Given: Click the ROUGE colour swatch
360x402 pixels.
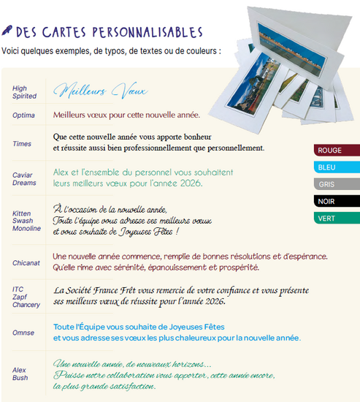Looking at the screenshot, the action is coord(336,151).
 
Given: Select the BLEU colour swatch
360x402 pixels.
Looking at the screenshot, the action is coord(336,167).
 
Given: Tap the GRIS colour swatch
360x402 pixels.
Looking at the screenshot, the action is coord(336,184).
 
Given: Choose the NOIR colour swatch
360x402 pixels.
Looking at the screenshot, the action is coord(336,201).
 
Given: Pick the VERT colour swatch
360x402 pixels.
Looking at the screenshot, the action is coord(336,218).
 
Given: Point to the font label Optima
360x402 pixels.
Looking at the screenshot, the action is coord(24,115).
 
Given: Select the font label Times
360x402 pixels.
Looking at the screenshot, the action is coord(23,144).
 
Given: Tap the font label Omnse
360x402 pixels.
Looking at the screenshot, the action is coord(23,333).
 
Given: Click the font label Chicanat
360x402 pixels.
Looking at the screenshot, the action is coord(27,262).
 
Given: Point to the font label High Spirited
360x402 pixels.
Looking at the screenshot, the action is coord(24,92).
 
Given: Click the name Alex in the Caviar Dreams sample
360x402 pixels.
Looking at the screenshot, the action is coord(64,172).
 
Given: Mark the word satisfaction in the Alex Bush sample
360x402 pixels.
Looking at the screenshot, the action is coord(128,387).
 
